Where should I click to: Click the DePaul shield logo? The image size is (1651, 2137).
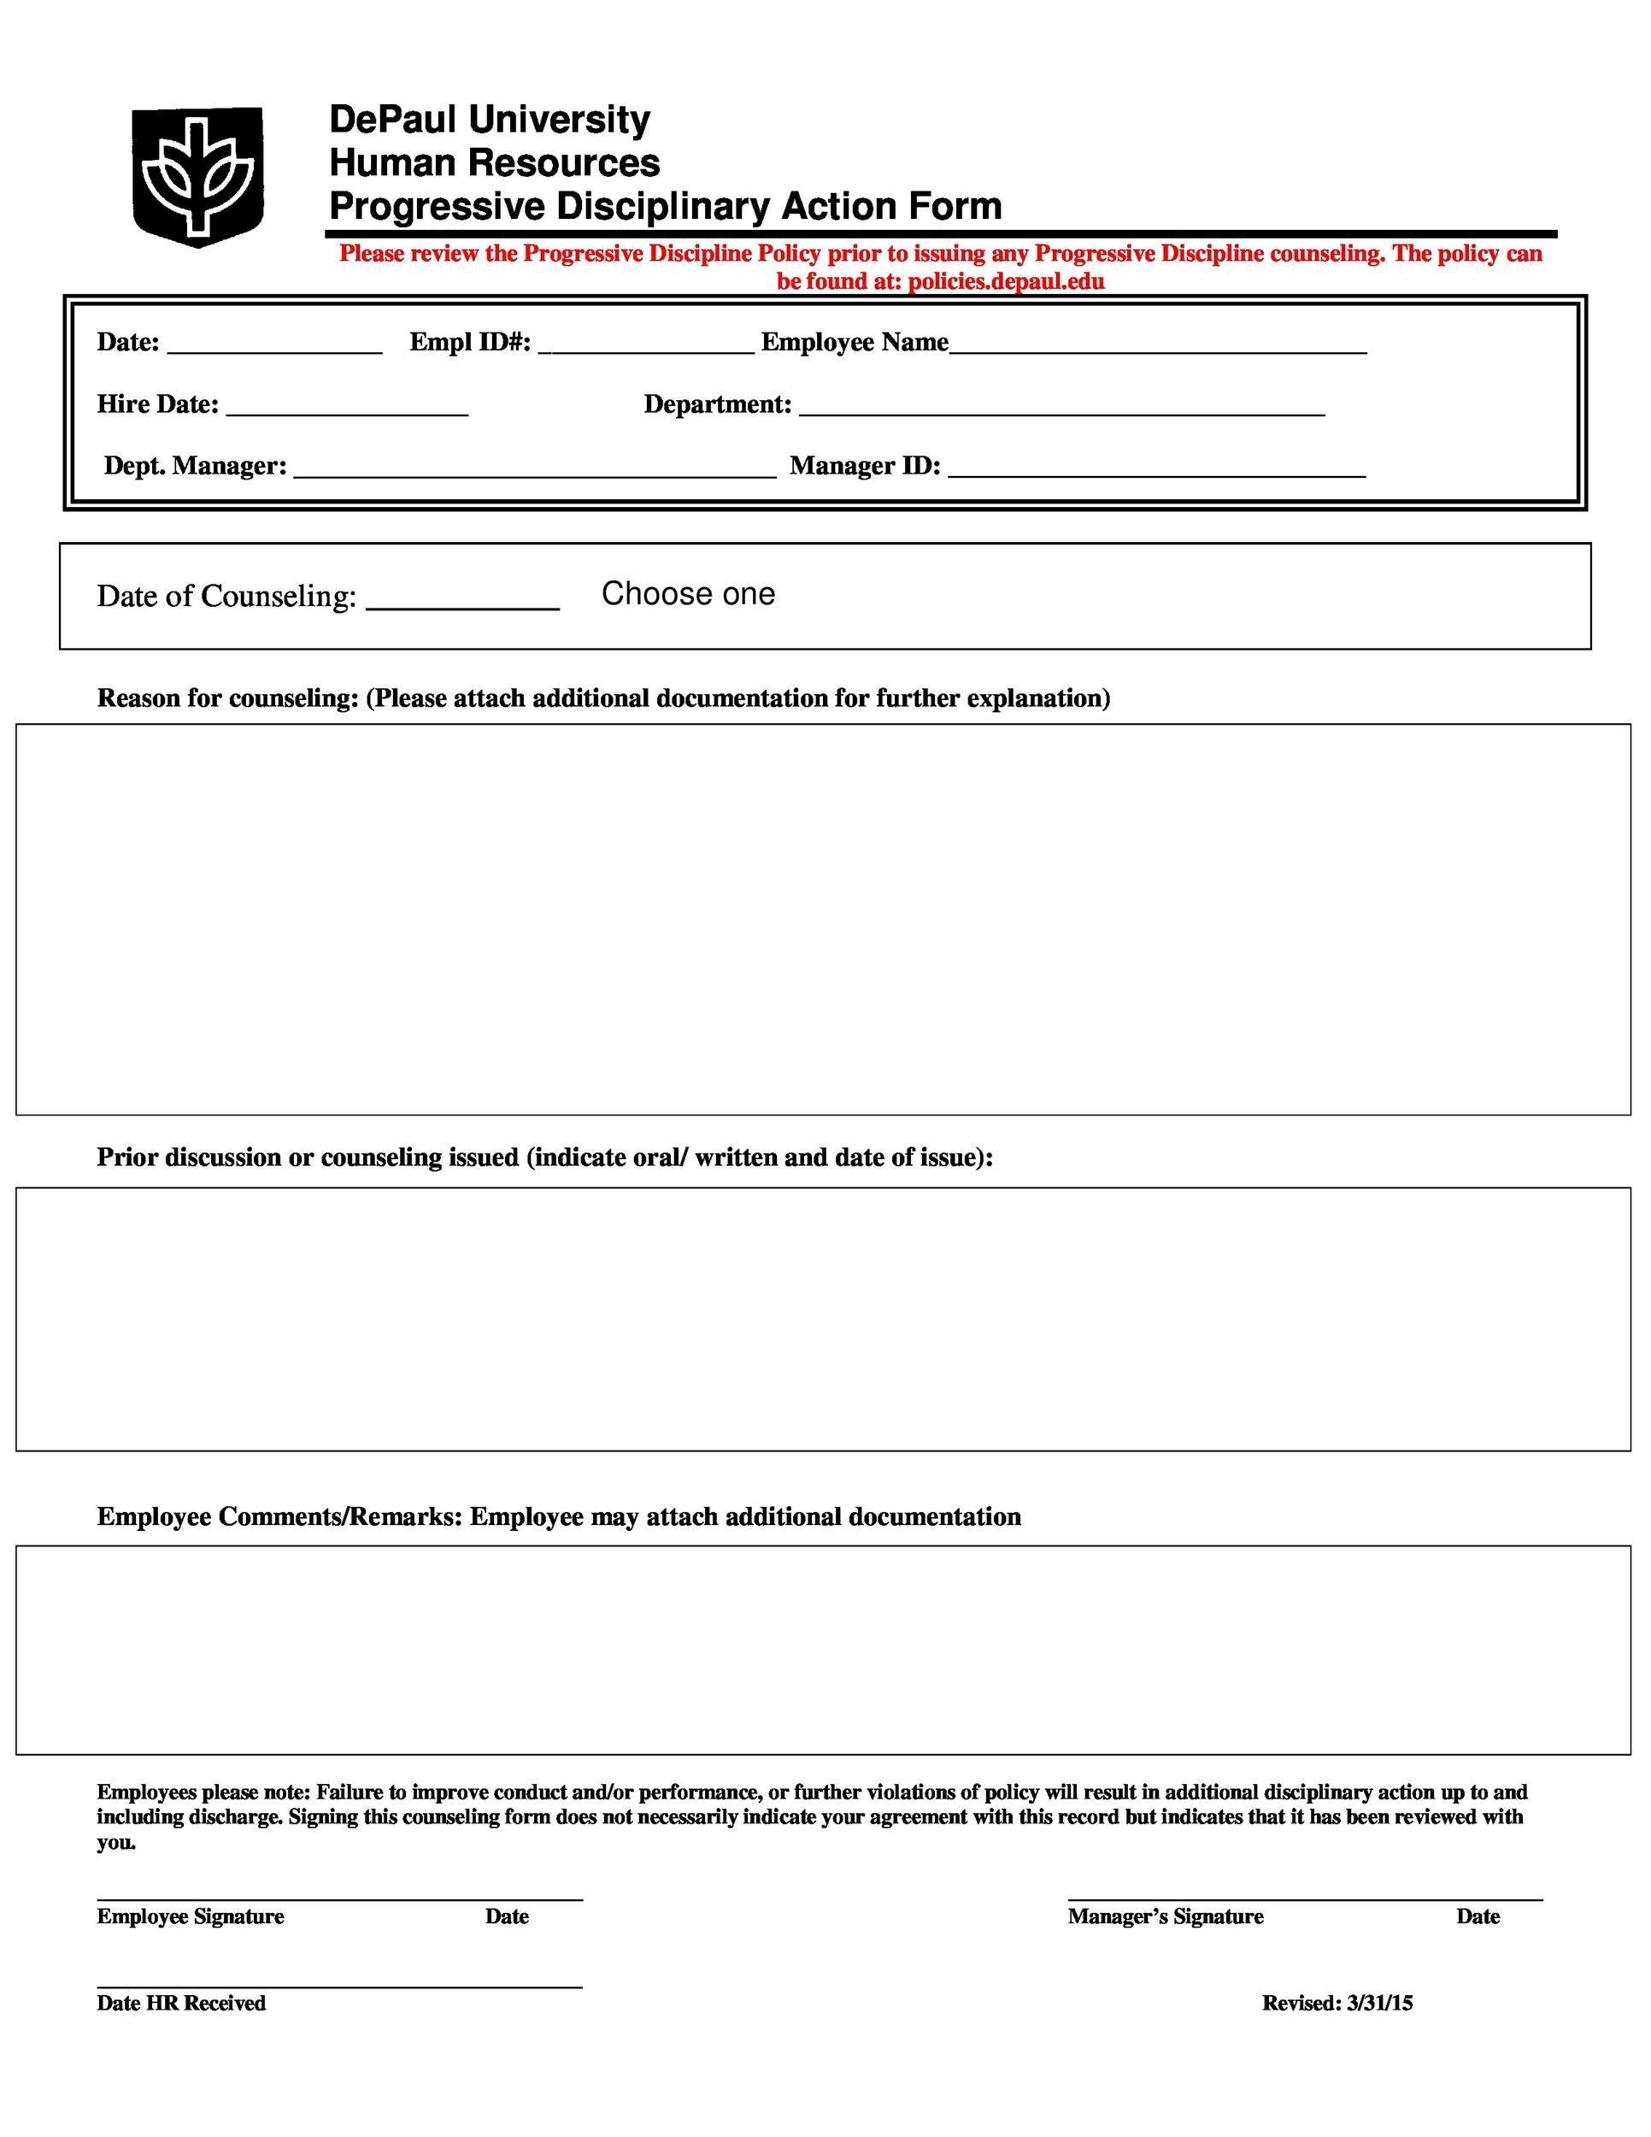click(x=197, y=175)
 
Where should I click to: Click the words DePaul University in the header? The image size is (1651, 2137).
click(x=489, y=120)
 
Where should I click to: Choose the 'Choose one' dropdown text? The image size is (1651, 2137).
click(x=688, y=594)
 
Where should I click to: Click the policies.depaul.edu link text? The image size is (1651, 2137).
click(x=1006, y=282)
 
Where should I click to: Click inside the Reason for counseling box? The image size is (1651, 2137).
click(x=824, y=919)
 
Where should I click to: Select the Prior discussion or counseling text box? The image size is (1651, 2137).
click(x=824, y=1318)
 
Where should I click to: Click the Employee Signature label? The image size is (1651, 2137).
click(x=190, y=1916)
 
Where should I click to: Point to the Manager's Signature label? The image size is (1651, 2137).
click(x=1165, y=1916)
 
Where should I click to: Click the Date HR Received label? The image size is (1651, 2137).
click(x=181, y=2003)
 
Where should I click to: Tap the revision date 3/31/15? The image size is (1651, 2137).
click(x=1379, y=2003)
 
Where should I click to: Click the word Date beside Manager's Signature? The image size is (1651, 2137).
click(x=1477, y=1916)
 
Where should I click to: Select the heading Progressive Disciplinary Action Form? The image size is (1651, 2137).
click(x=665, y=207)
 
